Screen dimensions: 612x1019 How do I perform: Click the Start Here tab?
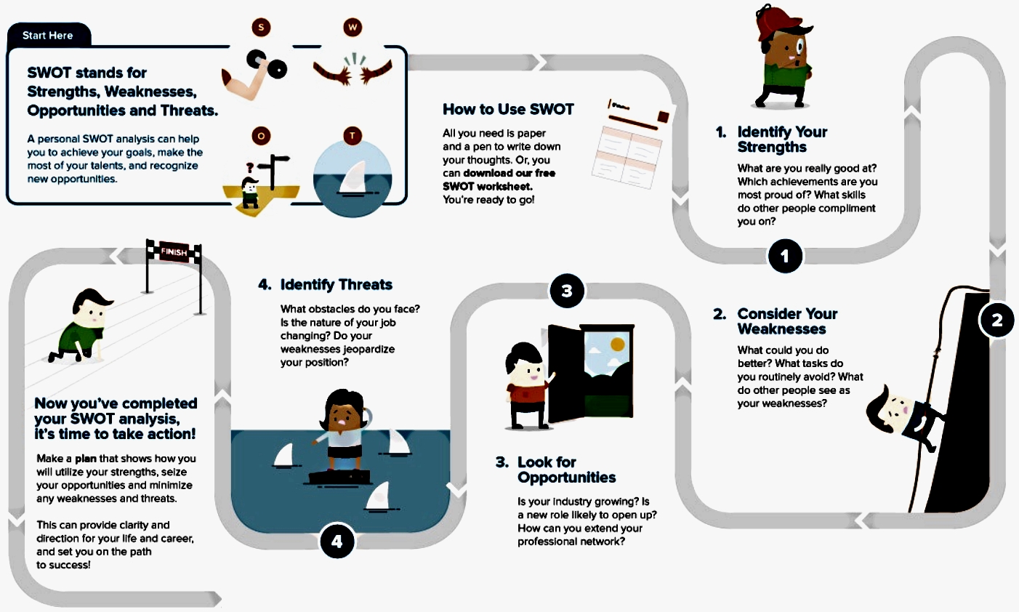48,35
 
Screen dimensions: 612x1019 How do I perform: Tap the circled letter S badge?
261,28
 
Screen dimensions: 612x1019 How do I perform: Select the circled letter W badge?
353,28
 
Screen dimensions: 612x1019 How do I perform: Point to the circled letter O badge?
261,136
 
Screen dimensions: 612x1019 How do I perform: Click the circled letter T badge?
353,136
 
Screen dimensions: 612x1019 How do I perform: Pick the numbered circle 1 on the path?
784,256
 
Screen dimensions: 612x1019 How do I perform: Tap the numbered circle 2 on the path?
996,320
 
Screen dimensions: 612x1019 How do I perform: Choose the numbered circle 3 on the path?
567,291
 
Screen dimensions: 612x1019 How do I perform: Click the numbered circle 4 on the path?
337,541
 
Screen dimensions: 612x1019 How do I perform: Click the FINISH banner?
174,252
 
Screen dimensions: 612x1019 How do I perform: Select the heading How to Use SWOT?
508,110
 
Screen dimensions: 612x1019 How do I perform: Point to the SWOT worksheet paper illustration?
629,142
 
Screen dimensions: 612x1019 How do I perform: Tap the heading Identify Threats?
336,285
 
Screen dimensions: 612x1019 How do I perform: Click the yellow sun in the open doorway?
617,343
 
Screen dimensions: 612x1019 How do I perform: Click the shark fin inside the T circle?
354,176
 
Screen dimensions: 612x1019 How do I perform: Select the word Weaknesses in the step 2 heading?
781,329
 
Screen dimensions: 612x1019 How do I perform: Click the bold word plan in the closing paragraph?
86,459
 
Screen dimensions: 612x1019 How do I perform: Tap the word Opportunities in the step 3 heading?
566,478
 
